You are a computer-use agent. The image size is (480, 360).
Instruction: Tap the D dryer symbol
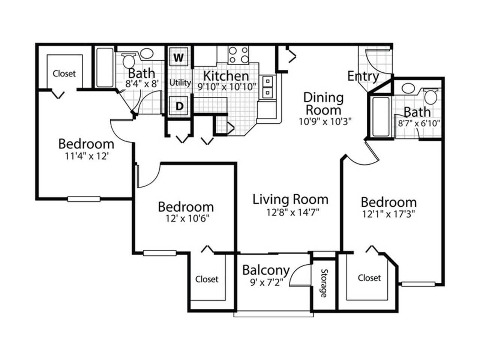click(180, 106)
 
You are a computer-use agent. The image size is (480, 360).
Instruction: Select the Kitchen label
click(226, 75)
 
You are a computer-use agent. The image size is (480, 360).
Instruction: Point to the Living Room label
click(290, 199)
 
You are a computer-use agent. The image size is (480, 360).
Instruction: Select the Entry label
click(363, 76)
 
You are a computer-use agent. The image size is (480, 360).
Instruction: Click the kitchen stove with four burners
click(238, 55)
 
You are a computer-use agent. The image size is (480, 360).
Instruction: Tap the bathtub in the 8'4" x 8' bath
click(105, 67)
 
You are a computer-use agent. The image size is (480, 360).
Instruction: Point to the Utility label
click(180, 82)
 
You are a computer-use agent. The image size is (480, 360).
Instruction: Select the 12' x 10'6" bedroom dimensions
click(186, 218)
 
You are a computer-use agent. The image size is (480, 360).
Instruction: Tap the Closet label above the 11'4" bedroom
click(64, 73)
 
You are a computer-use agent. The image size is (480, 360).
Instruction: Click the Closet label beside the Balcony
click(207, 279)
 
